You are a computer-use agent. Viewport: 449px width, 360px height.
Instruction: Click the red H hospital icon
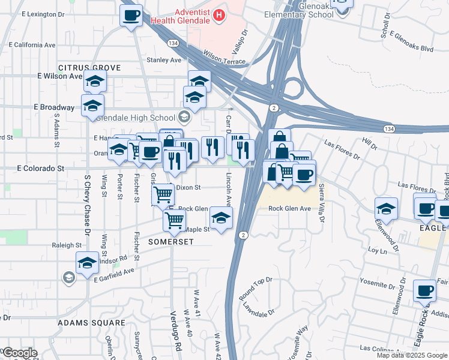coord(219,14)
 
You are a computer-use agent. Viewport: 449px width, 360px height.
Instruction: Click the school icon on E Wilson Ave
coord(95,81)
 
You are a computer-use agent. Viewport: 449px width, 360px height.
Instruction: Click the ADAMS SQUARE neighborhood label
coord(91,323)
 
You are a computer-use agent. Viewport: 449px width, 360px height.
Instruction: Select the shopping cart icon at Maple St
coord(174,220)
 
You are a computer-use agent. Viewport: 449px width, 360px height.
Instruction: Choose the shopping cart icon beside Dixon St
coord(163,194)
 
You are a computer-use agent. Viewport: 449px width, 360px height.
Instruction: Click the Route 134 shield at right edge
coord(389,128)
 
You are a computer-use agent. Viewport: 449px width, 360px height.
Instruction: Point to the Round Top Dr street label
coord(256,289)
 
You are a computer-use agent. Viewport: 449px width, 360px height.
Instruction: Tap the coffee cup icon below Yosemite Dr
coord(425,290)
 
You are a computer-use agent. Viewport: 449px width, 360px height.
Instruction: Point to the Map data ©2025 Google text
coord(411,355)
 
